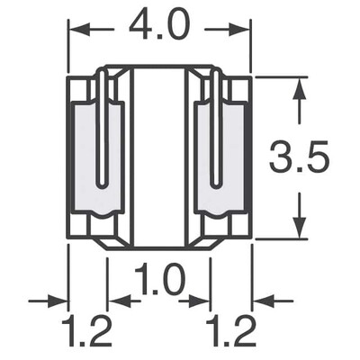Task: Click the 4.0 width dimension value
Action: (160, 27)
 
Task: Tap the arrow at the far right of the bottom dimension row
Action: (260, 300)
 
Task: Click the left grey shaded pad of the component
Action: (90, 157)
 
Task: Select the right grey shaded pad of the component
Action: (229, 157)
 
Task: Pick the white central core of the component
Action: (159, 157)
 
